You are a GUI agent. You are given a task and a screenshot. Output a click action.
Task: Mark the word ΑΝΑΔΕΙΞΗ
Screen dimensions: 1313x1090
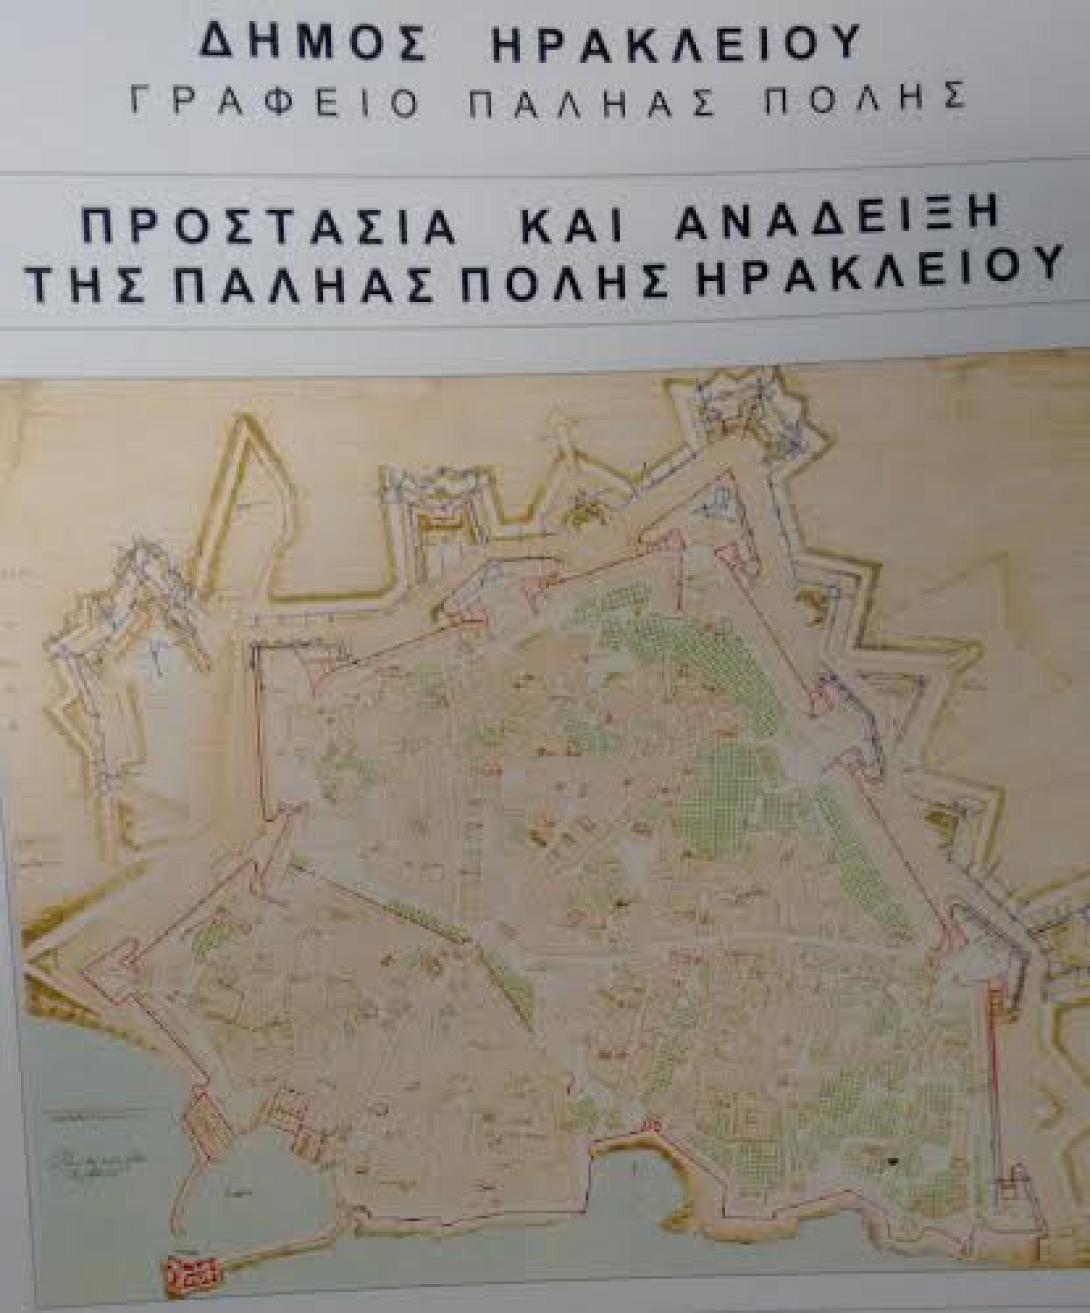pos(840,222)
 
